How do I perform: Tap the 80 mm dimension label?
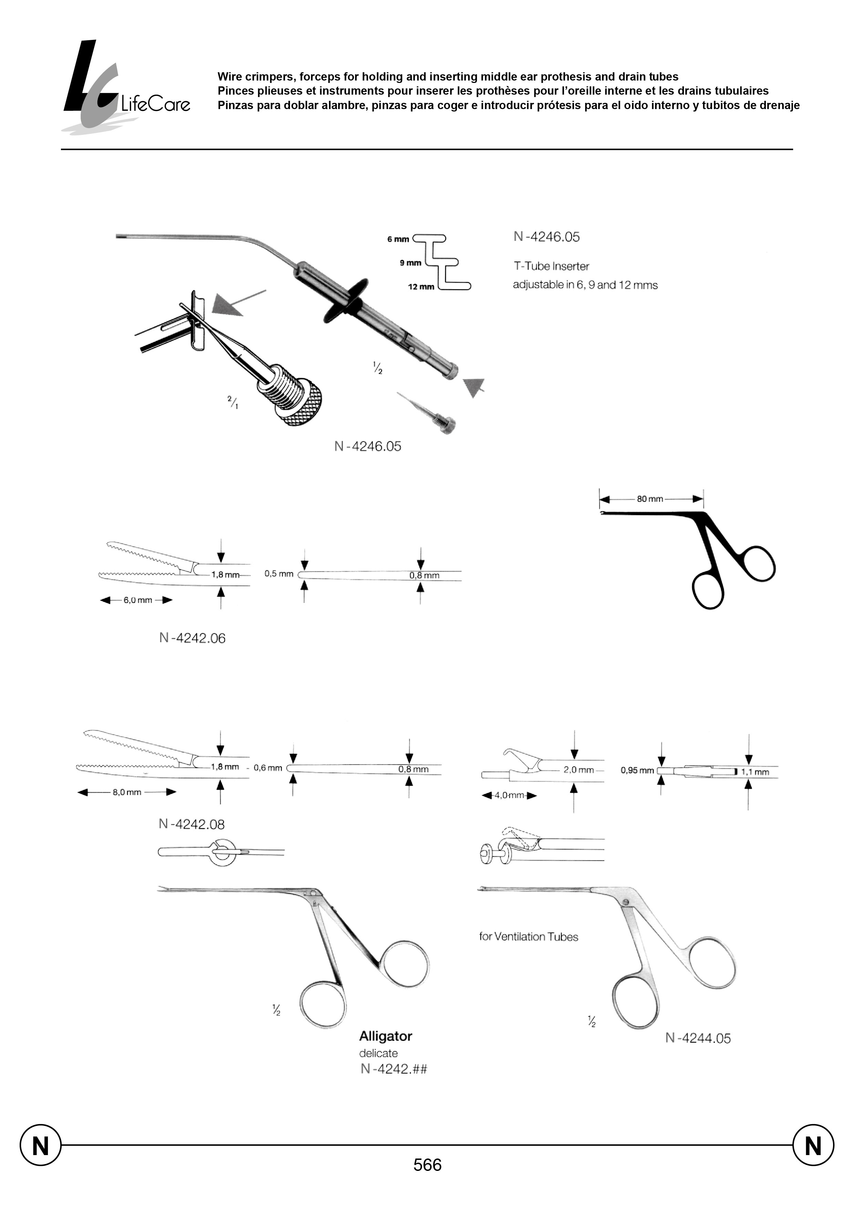[x=649, y=499]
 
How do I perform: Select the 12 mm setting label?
[x=421, y=287]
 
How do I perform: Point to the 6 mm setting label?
[x=398, y=239]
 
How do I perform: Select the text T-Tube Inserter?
[x=551, y=266]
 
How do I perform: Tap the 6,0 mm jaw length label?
[x=138, y=600]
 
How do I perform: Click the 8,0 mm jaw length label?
[x=127, y=792]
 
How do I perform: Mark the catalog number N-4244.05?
[x=698, y=1038]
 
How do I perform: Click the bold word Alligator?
[x=385, y=1036]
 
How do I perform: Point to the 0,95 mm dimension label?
[x=637, y=770]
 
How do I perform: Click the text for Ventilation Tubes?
[x=529, y=937]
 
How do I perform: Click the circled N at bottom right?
[x=813, y=1145]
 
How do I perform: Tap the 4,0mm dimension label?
[x=509, y=795]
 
